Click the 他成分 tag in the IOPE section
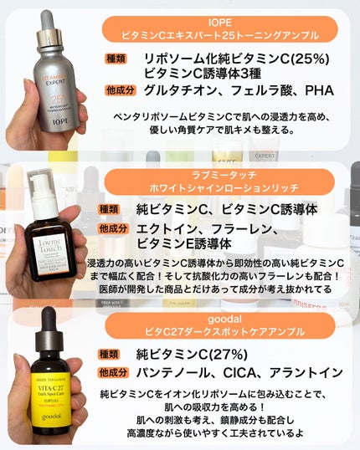pos(119,89)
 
